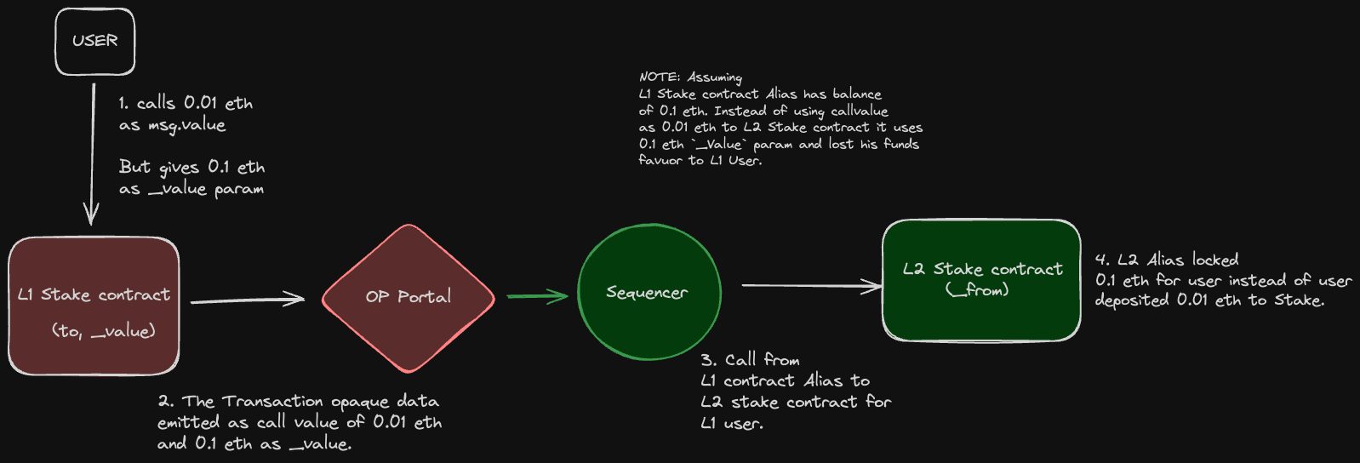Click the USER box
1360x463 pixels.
click(x=94, y=41)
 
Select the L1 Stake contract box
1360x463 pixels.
click(x=94, y=306)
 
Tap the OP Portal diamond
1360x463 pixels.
click(x=409, y=298)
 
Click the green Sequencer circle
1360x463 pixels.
click(x=649, y=293)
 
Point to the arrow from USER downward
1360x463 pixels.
click(x=93, y=153)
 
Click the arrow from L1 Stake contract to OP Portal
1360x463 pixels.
click(x=247, y=300)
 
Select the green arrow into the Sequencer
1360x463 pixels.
click(x=537, y=296)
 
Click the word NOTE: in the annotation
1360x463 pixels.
click(x=660, y=77)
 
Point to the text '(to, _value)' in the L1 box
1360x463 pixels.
click(x=104, y=331)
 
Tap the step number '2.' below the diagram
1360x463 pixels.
click(x=165, y=401)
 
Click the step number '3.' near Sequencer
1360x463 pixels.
click(x=708, y=360)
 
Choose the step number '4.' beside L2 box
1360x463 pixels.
click(x=1102, y=260)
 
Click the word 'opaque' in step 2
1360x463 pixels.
click(x=361, y=402)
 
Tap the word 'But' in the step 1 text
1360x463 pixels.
click(x=134, y=167)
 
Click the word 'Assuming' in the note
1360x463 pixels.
click(x=715, y=77)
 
